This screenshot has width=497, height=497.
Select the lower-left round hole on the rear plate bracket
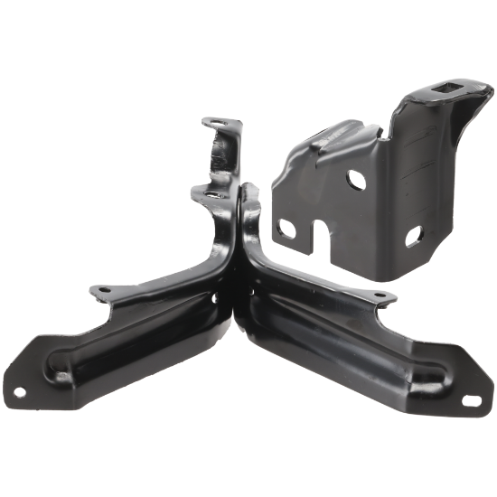click(x=287, y=226)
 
